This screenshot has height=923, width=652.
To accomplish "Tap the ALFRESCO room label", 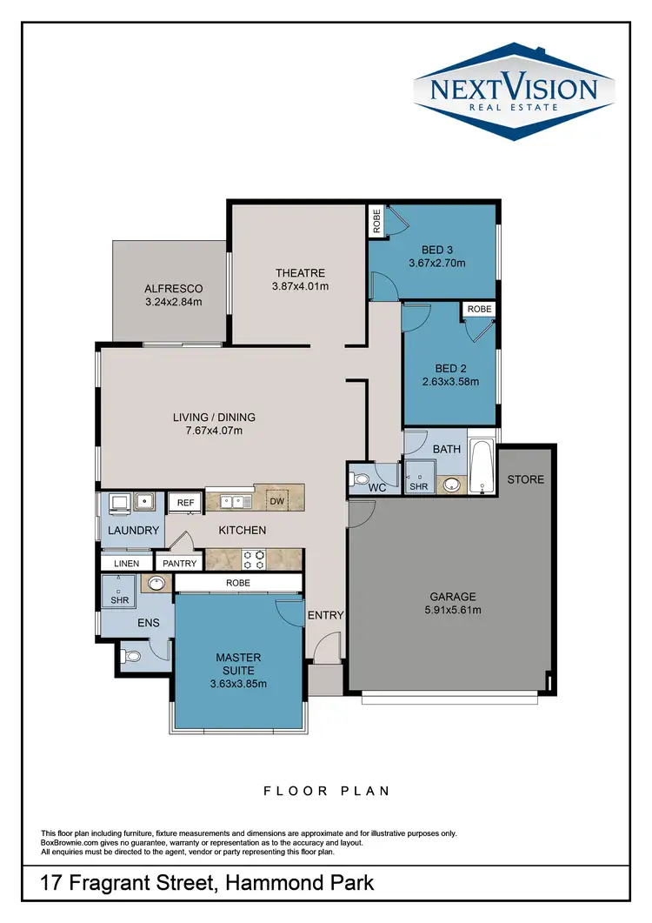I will [x=174, y=289].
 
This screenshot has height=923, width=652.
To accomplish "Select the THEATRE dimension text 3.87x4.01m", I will [x=300, y=286].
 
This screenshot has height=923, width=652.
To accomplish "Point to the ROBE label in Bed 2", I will [x=479, y=309].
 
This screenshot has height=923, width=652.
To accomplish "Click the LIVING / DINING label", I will [x=214, y=417].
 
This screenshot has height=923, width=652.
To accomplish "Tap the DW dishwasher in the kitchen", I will [x=276, y=500].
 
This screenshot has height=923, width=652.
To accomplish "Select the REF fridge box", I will [x=185, y=502].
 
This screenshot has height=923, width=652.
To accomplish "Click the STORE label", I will [x=525, y=479].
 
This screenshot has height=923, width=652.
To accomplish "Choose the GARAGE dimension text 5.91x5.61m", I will [x=453, y=610].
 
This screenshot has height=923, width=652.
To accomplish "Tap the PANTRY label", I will [x=181, y=564].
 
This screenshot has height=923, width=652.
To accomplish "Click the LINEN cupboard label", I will [x=127, y=564].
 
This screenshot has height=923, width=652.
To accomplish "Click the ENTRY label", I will [x=326, y=615].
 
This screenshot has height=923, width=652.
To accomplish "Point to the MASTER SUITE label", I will [x=237, y=664].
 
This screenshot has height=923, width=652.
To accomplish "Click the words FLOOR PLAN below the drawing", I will [x=327, y=791].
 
